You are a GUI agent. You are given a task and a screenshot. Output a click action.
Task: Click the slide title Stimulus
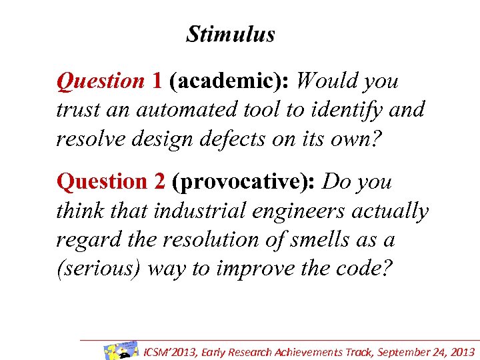[x=230, y=34]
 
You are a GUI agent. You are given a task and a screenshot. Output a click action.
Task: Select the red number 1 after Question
[x=157, y=81]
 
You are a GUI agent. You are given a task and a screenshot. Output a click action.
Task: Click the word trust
[x=77, y=109]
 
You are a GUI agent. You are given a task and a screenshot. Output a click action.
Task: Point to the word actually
[x=393, y=211]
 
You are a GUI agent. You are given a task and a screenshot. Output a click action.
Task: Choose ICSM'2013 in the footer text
[x=172, y=352]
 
